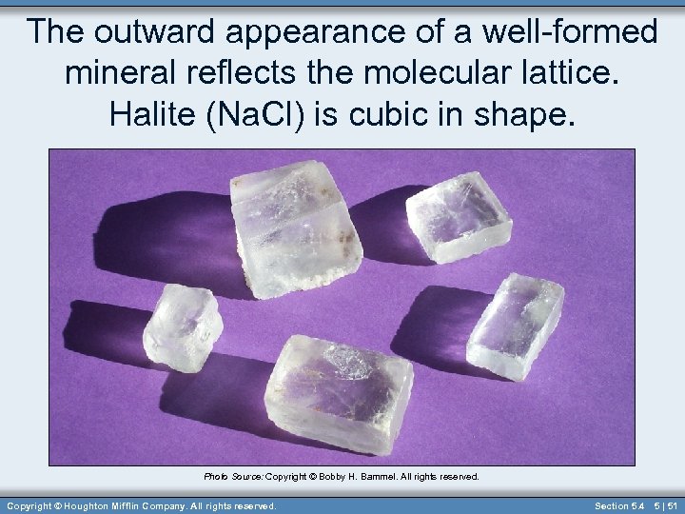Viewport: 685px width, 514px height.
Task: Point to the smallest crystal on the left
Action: coord(182,326)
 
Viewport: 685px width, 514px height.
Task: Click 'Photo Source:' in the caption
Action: coord(233,476)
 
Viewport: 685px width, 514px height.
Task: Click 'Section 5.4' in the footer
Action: coord(620,505)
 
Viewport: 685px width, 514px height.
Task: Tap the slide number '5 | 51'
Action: coord(666,505)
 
